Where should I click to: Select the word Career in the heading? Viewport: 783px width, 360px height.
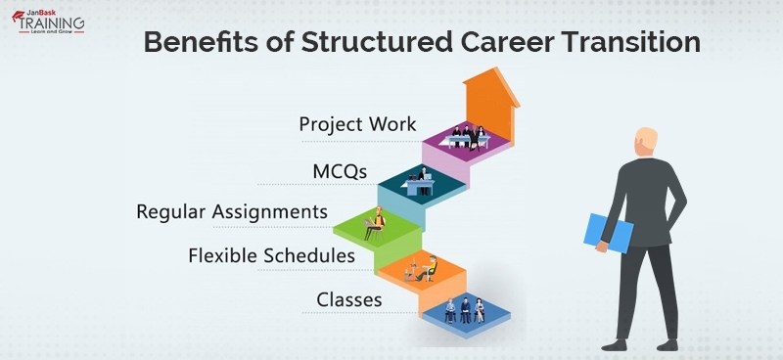point(499,44)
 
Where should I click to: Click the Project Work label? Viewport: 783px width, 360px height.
point(357,124)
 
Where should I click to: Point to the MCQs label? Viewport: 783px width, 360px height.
point(340,171)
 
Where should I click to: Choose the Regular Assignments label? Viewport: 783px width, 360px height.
point(231,211)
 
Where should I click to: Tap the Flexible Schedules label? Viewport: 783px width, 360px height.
point(271,255)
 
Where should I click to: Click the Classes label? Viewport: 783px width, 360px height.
point(348,299)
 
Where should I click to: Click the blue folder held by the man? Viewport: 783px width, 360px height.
point(598,230)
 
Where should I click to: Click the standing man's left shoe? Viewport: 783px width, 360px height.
point(614,343)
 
